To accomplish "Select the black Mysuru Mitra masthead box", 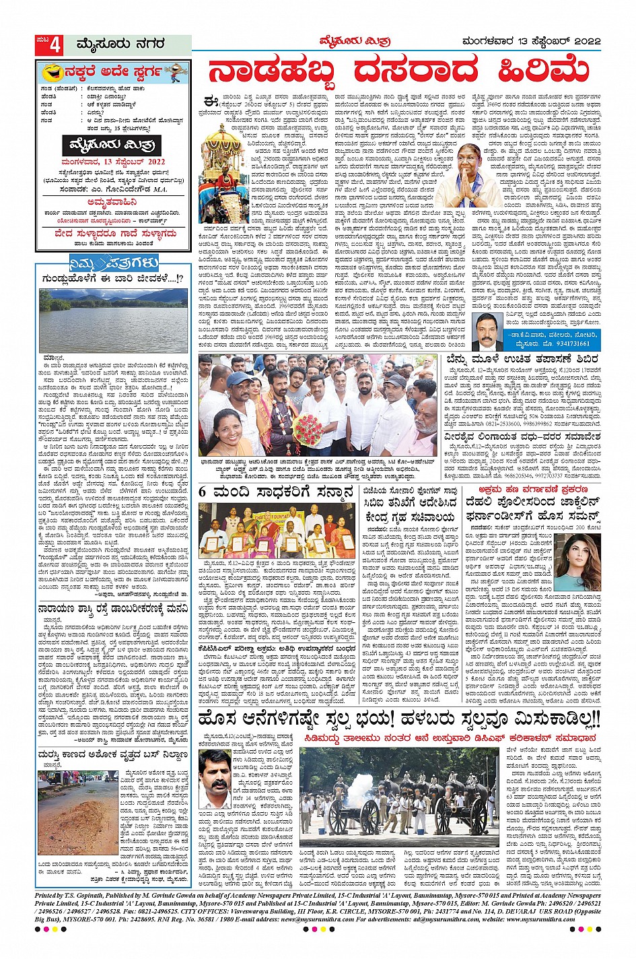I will pos(112,145).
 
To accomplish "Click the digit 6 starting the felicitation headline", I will pos(203,492).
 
